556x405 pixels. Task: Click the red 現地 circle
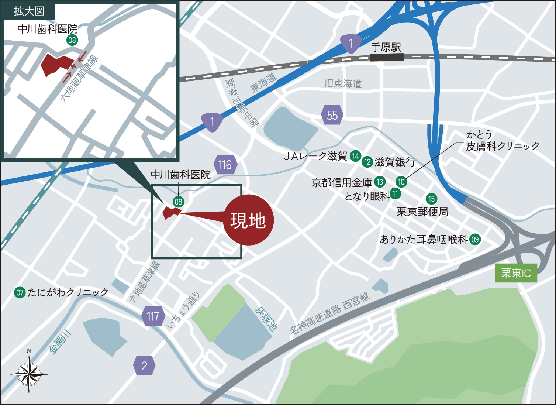(x=248, y=220)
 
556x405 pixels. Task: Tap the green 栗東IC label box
(x=516, y=273)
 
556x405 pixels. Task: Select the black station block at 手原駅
(x=387, y=57)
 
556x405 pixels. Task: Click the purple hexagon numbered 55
(x=332, y=115)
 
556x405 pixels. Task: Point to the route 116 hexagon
(x=225, y=165)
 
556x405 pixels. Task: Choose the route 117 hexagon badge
(x=153, y=316)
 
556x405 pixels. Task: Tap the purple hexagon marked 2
(x=144, y=365)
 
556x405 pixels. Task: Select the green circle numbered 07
(x=20, y=293)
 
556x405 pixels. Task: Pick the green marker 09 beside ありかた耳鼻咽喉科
(x=475, y=239)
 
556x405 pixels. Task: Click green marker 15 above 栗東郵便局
(x=431, y=199)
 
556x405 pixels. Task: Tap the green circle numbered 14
(x=355, y=156)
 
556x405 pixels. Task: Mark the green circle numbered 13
(x=380, y=182)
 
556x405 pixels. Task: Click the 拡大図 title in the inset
(x=29, y=11)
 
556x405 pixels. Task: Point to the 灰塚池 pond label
(x=266, y=318)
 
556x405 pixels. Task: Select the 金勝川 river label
(x=60, y=342)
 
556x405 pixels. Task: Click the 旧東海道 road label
(x=343, y=83)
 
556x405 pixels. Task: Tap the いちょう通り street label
(x=183, y=310)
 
